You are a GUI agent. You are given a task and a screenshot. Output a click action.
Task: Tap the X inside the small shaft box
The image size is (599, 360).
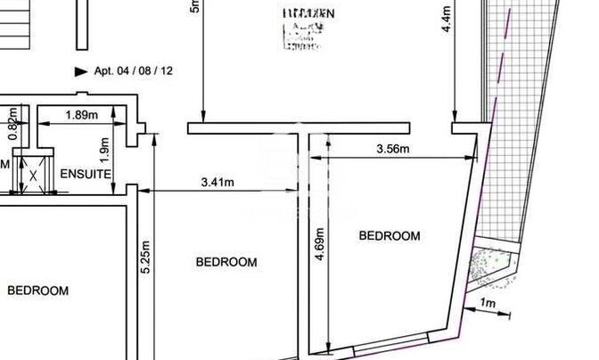click(33, 174)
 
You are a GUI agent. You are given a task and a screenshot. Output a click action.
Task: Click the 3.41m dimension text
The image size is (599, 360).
click(217, 184)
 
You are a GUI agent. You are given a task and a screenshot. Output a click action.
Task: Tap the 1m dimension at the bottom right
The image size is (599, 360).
click(488, 304)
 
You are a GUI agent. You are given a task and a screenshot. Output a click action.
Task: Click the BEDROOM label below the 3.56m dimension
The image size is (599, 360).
click(389, 236)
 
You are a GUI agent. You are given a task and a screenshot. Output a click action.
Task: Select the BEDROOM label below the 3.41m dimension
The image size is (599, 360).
click(226, 262)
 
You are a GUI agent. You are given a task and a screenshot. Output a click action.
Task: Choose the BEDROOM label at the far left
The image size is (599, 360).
click(37, 290)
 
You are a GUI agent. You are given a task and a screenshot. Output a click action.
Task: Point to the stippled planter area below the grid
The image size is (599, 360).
click(492, 267)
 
